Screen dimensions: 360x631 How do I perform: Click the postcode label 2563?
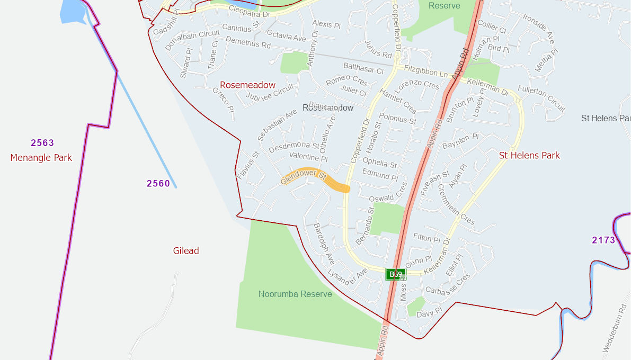[42, 143]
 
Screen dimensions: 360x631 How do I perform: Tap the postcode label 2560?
[158, 184]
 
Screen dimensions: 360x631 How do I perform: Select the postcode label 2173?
[603, 240]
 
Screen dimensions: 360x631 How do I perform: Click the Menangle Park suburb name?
[41, 158]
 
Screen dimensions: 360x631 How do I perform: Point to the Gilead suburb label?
[186, 251]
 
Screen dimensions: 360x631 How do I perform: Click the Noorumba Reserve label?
[295, 294]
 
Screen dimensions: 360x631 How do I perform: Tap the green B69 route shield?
[395, 274]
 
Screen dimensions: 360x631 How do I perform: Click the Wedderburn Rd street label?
[615, 328]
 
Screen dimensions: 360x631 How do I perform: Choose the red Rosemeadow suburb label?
[247, 85]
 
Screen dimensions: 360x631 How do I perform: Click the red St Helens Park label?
[529, 156]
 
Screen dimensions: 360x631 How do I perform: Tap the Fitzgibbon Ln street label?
[425, 71]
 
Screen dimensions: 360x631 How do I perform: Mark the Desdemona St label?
[294, 147]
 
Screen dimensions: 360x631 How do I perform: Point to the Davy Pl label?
[429, 313]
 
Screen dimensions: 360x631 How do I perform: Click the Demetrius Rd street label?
[248, 42]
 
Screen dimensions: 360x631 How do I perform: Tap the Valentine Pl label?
[308, 157]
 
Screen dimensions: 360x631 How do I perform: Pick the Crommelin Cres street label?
[455, 204]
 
